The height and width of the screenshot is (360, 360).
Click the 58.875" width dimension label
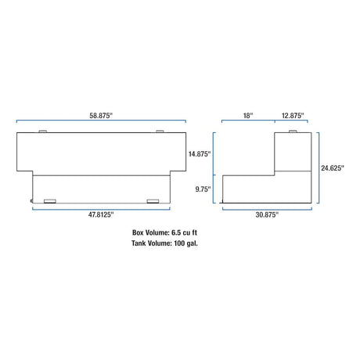pyautogui.click(x=101, y=116)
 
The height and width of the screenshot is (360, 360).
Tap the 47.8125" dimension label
pyautogui.click(x=101, y=214)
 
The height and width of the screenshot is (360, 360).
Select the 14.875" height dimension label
pyautogui.click(x=200, y=154)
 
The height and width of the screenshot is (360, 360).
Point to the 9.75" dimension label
pyautogui.click(x=203, y=189)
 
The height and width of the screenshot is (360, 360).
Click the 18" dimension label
pyautogui.click(x=248, y=116)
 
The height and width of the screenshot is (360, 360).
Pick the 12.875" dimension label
pyautogui.click(x=293, y=116)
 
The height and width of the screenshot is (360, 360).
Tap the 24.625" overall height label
pyautogui.click(x=333, y=168)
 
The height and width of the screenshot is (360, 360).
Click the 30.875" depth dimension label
pyautogui.click(x=267, y=214)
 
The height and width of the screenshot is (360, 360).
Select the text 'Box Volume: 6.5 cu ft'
pyautogui.click(x=164, y=232)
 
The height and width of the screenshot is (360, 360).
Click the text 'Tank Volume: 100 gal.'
pyautogui.click(x=164, y=243)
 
